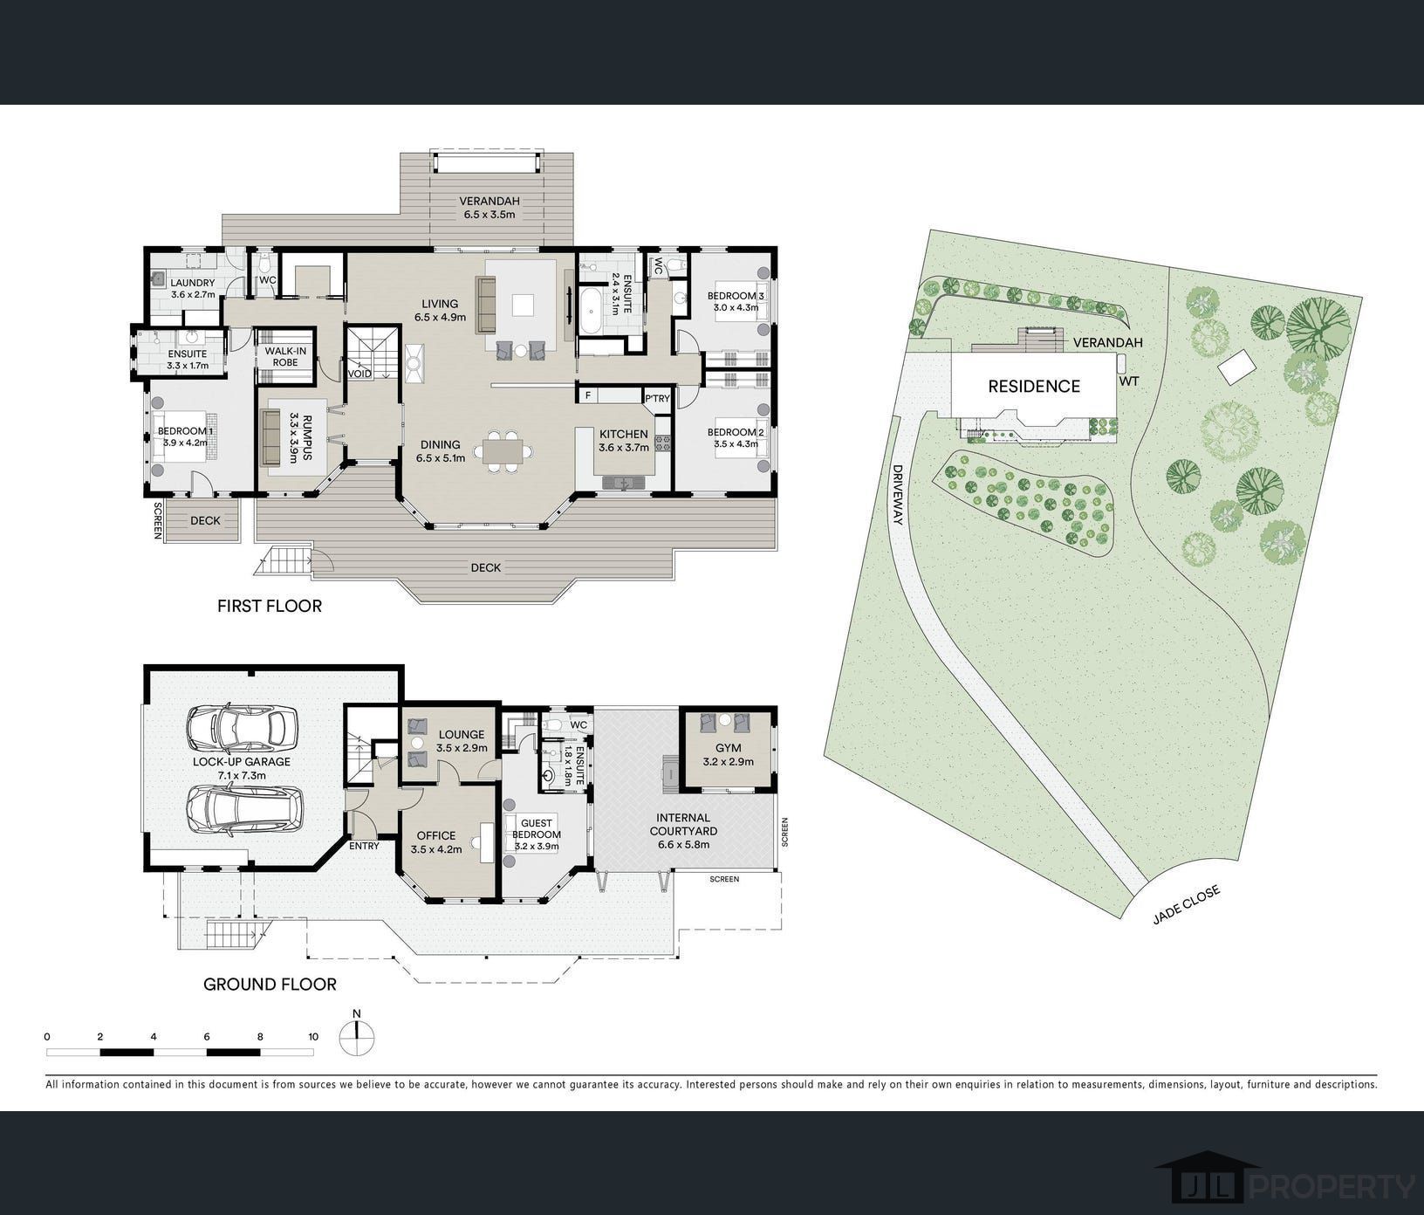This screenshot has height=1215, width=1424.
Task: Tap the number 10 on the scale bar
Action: [313, 1037]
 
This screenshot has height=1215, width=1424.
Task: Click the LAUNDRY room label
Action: [193, 283]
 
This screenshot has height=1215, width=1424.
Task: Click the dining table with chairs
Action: [502, 451]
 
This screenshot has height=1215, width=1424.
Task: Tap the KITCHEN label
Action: [624, 434]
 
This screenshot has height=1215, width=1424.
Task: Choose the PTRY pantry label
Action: [657, 399]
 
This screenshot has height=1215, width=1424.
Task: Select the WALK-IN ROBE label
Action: [280, 356]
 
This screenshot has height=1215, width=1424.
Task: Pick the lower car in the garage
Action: [245, 811]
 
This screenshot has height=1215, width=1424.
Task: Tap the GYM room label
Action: [728, 748]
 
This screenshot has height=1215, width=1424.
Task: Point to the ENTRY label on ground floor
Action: [364, 846]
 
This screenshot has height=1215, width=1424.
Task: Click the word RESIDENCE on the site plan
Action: [1034, 387]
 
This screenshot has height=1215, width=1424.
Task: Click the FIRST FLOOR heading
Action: [270, 606]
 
